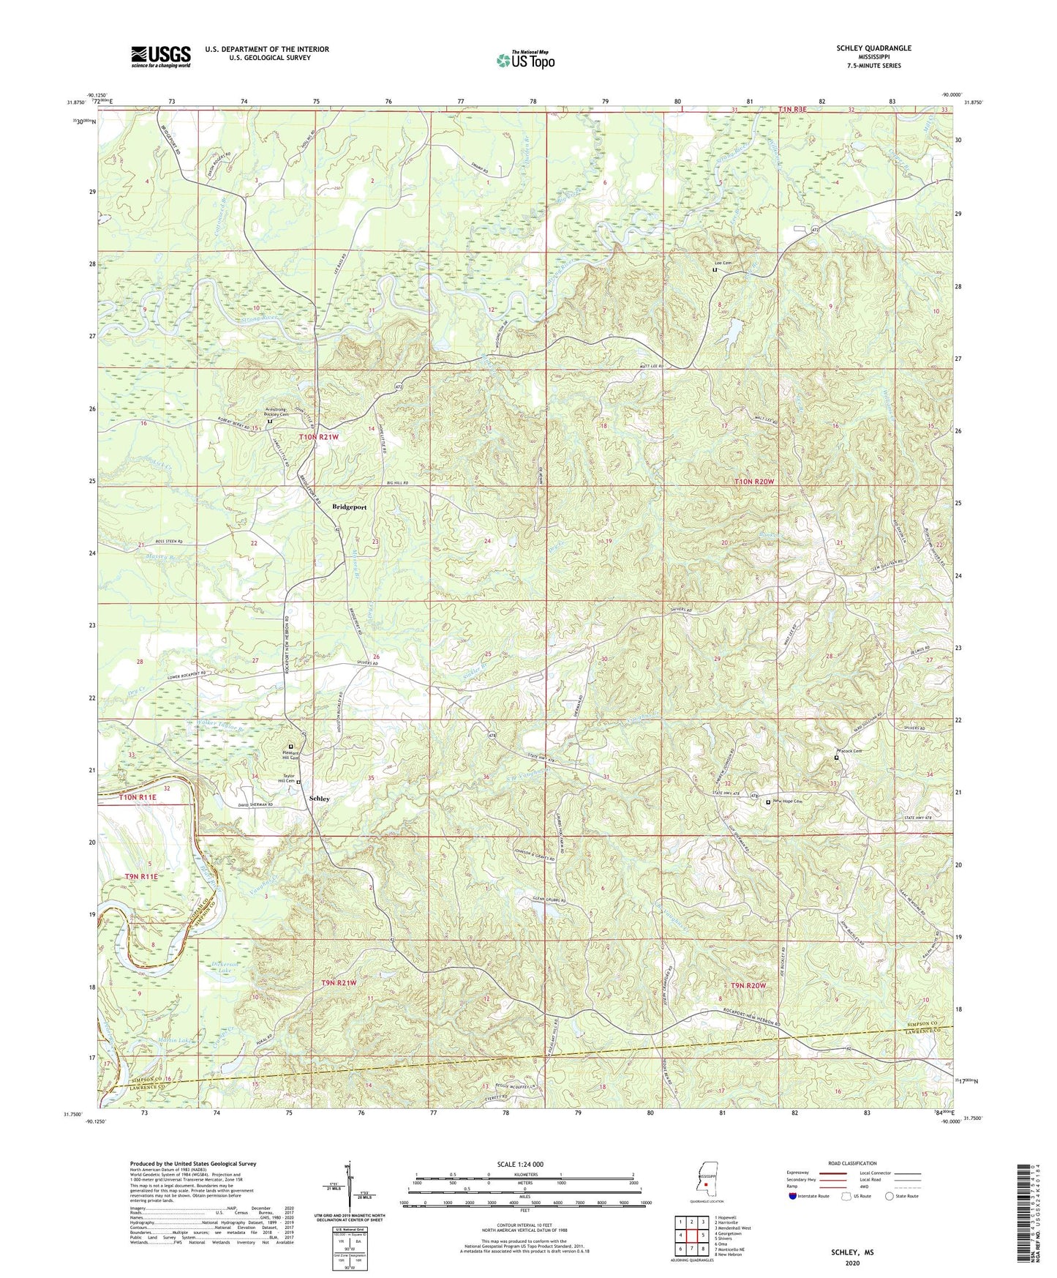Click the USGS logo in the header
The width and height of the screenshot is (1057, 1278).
(161, 56)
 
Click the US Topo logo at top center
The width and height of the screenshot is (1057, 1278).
(524, 61)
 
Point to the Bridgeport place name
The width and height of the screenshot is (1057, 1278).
(349, 507)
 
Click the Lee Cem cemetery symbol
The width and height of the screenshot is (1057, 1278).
(715, 270)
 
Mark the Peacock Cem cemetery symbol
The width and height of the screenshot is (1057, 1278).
(837, 758)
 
